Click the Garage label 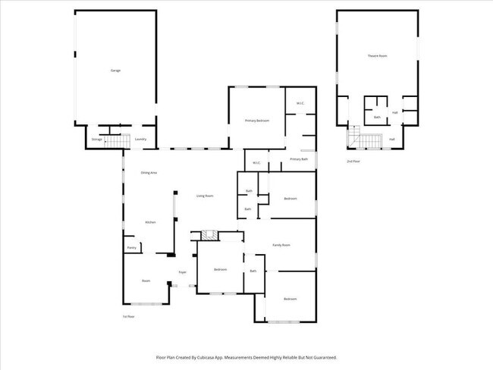[115, 71]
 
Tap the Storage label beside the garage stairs [96, 140]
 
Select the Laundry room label [140, 140]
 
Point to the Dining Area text [149, 174]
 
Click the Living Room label [205, 196]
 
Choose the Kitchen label [150, 222]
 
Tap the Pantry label [131, 247]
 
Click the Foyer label [182, 271]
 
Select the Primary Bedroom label [257, 121]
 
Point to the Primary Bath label [299, 159]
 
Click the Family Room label [283, 245]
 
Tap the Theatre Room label [377, 56]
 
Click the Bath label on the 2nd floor [377, 118]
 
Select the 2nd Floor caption [353, 161]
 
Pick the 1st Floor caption [129, 316]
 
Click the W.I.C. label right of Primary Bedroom [300, 104]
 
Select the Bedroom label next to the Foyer [220, 270]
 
